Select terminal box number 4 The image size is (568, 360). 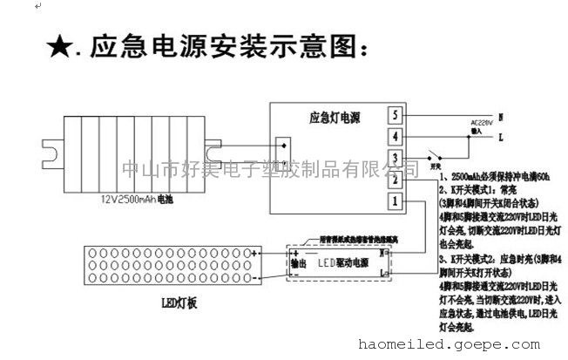point(395,137)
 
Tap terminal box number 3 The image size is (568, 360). point(395,159)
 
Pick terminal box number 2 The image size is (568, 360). point(395,180)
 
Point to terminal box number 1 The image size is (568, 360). point(395,202)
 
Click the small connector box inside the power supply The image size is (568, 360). point(281,146)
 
